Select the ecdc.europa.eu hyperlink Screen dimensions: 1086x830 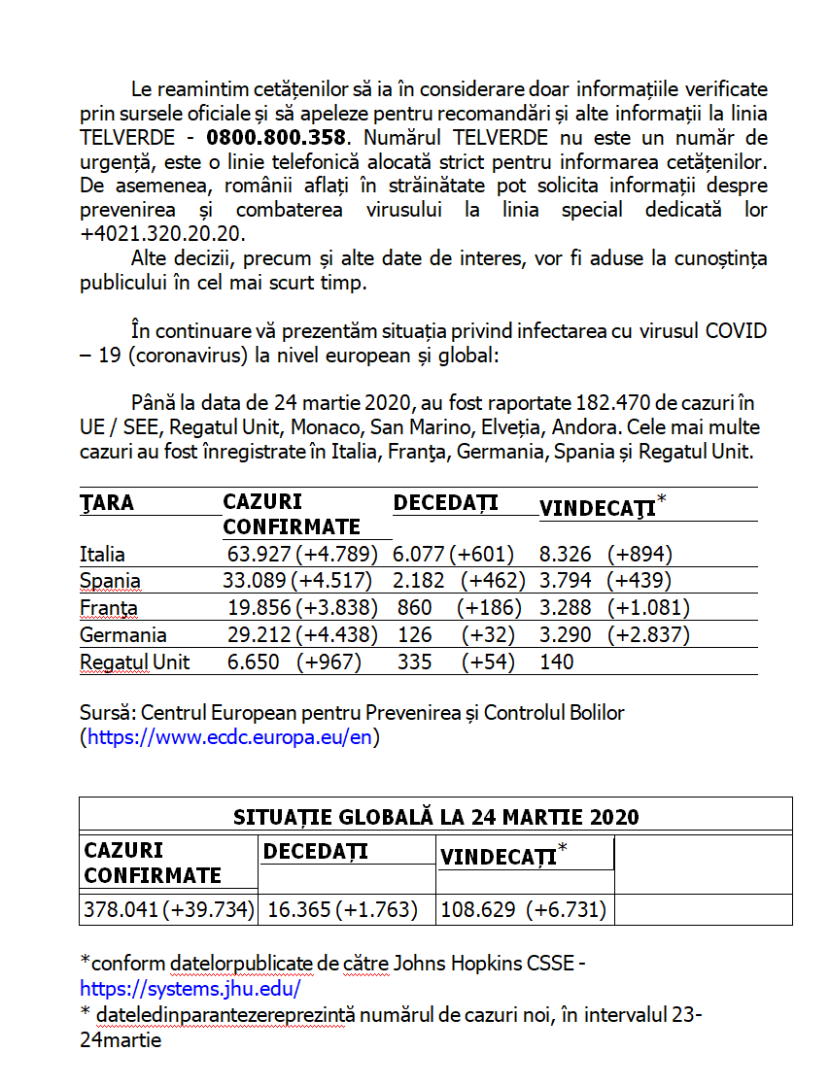pyautogui.click(x=229, y=737)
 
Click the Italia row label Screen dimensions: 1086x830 pyautogui.click(x=102, y=555)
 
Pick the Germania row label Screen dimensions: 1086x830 pyautogui.click(x=122, y=635)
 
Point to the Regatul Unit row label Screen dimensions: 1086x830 pyautogui.click(x=134, y=662)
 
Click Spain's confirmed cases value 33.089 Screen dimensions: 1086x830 pyautogui.click(x=255, y=582)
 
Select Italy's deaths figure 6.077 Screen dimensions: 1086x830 pyautogui.click(x=418, y=555)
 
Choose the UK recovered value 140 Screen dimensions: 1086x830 pyautogui.click(x=556, y=662)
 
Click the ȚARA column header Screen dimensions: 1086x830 pyautogui.click(x=107, y=503)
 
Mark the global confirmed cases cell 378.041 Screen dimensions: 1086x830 pyautogui.click(x=121, y=910)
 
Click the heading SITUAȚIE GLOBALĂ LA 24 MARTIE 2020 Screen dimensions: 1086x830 pyautogui.click(x=435, y=816)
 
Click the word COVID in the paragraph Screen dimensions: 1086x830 pyautogui.click(x=736, y=331)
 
